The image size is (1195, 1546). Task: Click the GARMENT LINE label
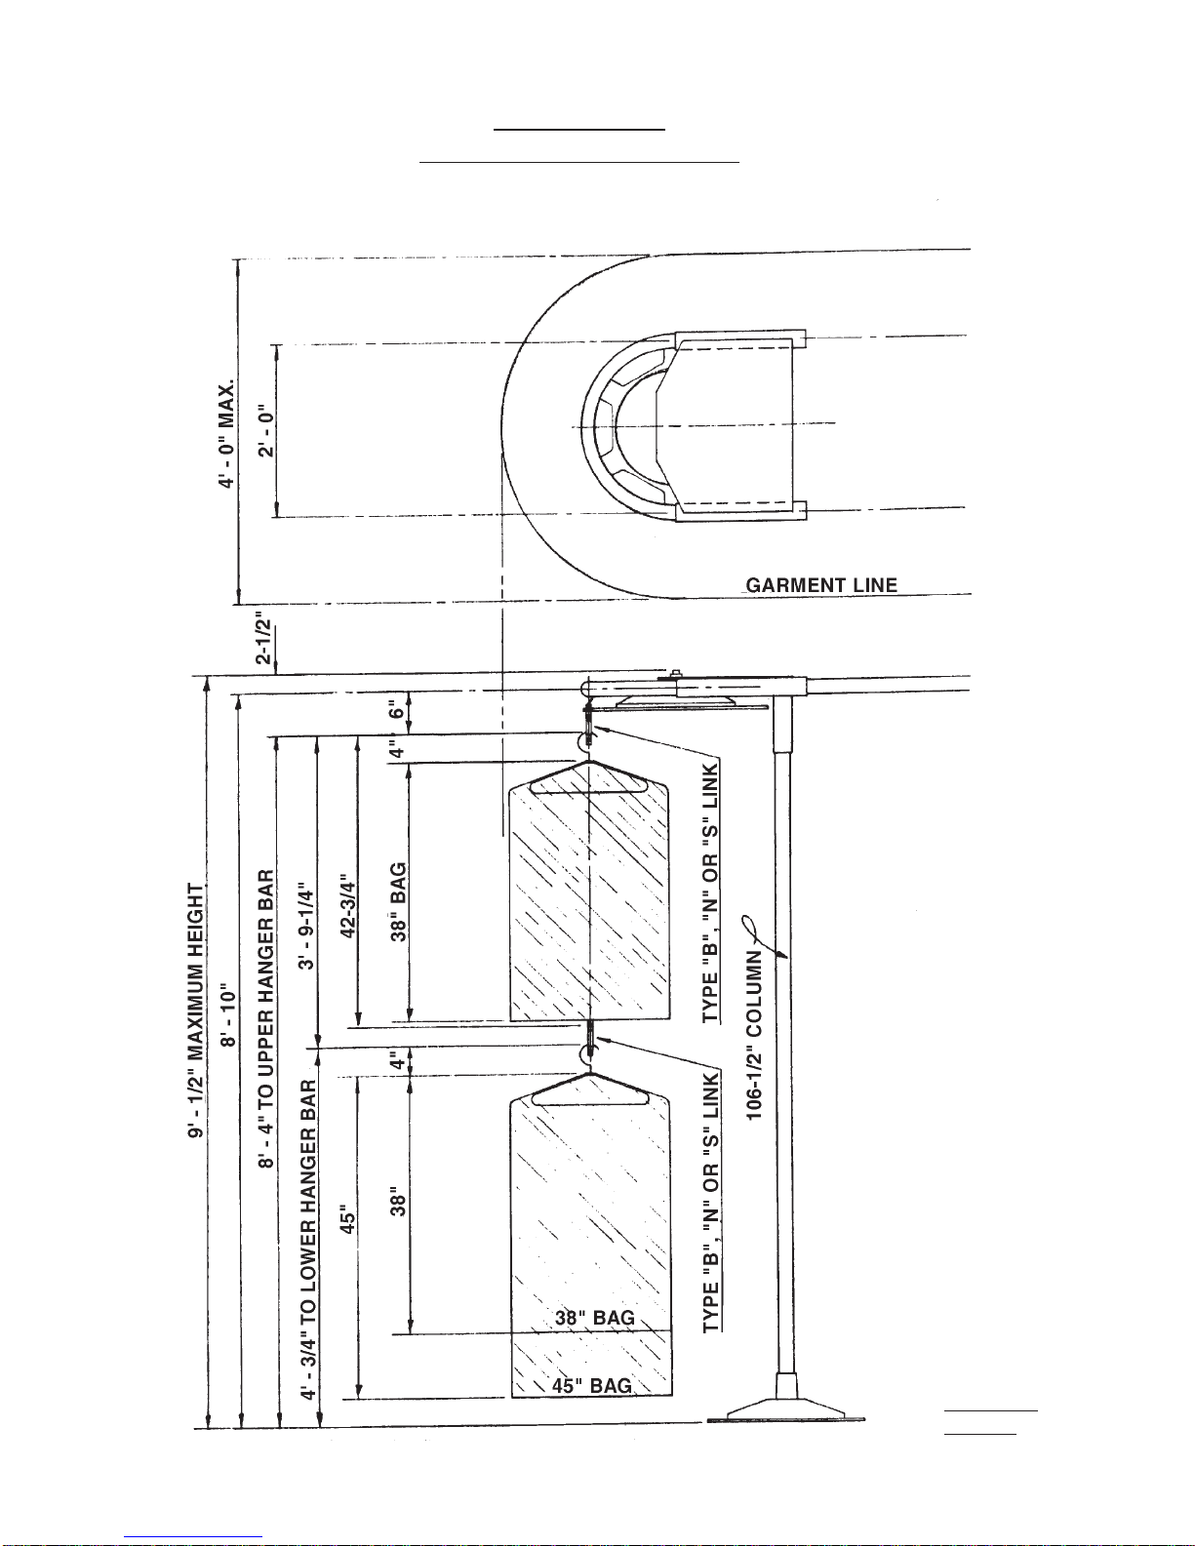click(x=821, y=585)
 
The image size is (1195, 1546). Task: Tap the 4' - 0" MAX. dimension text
click(x=227, y=435)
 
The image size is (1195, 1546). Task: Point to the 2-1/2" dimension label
click(x=263, y=639)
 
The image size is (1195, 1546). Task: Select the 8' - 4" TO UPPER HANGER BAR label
click(x=266, y=1019)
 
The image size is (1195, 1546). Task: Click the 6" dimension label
click(x=397, y=709)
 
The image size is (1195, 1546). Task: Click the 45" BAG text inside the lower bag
click(x=592, y=1386)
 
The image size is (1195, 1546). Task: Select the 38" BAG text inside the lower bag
click(x=594, y=1318)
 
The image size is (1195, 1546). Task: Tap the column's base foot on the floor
click(x=784, y=1406)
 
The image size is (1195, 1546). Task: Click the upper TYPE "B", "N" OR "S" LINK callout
click(x=711, y=892)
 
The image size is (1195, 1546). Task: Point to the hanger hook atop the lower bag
click(x=588, y=1054)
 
